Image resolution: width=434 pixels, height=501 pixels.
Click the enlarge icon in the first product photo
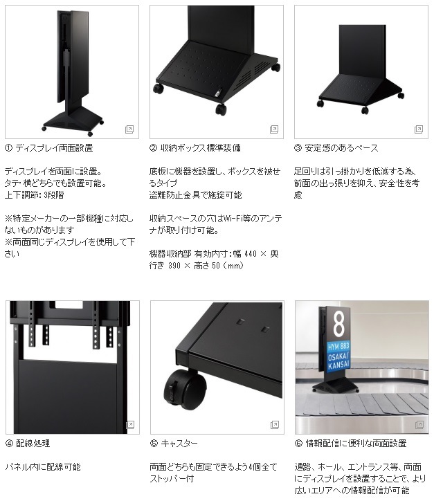pyautogui.click(x=129, y=129)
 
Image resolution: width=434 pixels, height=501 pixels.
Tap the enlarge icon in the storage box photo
pyautogui.click(x=274, y=129)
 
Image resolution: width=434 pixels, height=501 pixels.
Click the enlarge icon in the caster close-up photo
pyautogui.click(x=275, y=425)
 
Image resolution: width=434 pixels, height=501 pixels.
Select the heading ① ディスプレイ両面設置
pyautogui.click(x=49, y=148)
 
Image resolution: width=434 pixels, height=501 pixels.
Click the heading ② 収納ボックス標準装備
pyautogui.click(x=195, y=148)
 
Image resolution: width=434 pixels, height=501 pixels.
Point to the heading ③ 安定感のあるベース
pyautogui.click(x=336, y=148)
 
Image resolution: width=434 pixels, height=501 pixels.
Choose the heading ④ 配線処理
pyautogui.click(x=28, y=444)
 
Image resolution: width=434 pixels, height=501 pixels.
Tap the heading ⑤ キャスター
pyautogui.click(x=174, y=444)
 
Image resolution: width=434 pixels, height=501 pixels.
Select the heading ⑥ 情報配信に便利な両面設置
pyautogui.click(x=350, y=444)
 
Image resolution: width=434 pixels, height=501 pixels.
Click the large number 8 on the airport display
pyautogui.click(x=338, y=325)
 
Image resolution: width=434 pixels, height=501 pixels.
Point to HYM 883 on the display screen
pyautogui.click(x=338, y=346)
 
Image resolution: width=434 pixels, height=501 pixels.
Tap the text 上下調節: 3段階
pyautogui.click(x=34, y=195)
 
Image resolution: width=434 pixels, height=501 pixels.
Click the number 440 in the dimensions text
pyautogui.click(x=251, y=254)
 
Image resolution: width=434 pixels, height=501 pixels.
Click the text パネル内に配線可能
pyautogui.click(x=43, y=467)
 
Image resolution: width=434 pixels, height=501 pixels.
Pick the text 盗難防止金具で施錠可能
pyautogui.click(x=196, y=195)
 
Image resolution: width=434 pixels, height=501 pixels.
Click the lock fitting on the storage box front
pyautogui.click(x=218, y=93)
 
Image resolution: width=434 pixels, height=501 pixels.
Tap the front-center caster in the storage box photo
pyautogui.click(x=221, y=109)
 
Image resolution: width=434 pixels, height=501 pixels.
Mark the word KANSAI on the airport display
pyautogui.click(x=338, y=365)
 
